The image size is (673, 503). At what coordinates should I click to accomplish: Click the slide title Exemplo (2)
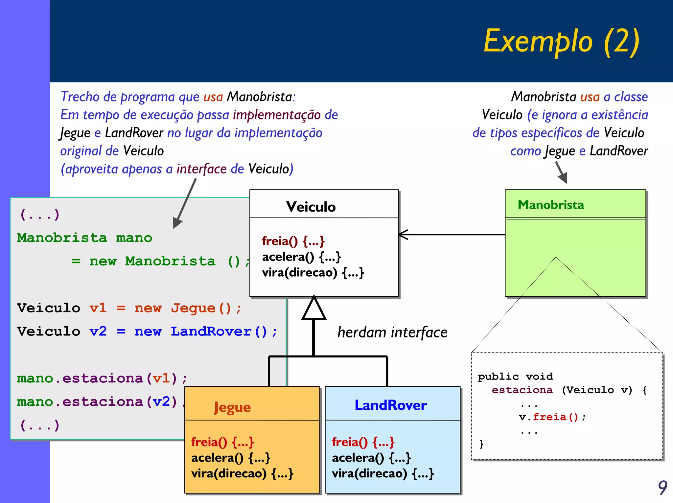[561, 41]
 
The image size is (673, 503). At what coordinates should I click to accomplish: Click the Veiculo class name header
[311, 207]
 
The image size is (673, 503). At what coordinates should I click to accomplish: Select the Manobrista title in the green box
[551, 205]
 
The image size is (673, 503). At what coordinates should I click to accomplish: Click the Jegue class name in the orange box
[232, 407]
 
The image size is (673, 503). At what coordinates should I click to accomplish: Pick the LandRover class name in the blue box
[391, 405]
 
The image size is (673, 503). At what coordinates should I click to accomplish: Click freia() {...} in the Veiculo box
[293, 241]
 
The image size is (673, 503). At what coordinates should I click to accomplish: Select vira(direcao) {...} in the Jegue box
[242, 473]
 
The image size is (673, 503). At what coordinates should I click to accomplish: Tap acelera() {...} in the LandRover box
[371, 458]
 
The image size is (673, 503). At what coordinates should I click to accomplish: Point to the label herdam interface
[392, 332]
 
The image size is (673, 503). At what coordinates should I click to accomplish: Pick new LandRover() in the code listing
[201, 331]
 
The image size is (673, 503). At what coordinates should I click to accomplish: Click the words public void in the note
[515, 376]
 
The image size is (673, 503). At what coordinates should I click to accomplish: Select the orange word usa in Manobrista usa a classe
[590, 97]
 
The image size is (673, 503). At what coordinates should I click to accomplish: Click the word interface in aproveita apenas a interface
[201, 169]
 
